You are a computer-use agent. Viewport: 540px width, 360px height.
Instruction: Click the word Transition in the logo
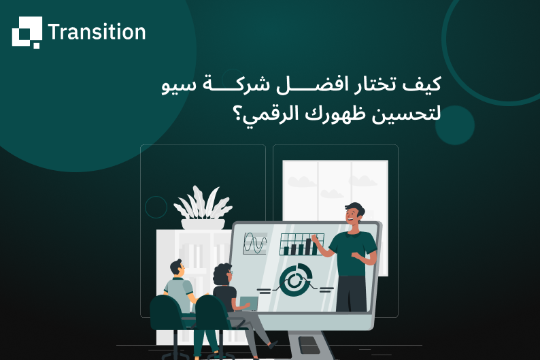pyautogui.click(x=97, y=32)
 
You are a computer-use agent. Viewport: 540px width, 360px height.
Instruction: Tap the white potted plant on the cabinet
pyautogui.click(x=202, y=207)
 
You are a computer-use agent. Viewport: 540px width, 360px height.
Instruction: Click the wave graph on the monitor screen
pyautogui.click(x=256, y=242)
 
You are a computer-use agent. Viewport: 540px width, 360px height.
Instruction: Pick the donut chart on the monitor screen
pyautogui.click(x=295, y=280)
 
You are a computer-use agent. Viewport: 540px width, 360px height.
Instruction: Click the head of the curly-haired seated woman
pyautogui.click(x=223, y=275)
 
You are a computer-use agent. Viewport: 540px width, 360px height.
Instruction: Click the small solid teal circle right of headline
pyautogui.click(x=454, y=125)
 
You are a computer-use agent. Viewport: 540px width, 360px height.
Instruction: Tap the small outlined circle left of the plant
pyautogui.click(x=156, y=207)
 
